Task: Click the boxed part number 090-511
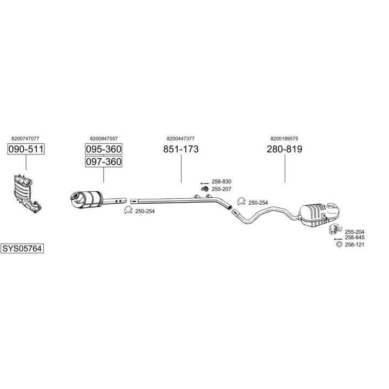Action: pos(26,149)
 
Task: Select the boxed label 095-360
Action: pos(103,149)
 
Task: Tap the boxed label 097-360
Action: pos(103,162)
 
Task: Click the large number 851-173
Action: pos(181,149)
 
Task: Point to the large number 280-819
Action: pos(285,149)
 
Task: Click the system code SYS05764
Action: pos(22,248)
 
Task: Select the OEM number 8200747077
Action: pos(25,138)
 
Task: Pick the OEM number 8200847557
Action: pos(104,138)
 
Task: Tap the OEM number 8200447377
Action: pos(180,138)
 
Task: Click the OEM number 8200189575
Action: pos(284,138)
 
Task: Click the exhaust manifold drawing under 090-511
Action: pos(26,193)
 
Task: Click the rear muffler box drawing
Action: pos(319,214)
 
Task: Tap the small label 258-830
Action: pos(222,182)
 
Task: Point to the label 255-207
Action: pos(222,189)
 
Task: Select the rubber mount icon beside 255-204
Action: pos(334,229)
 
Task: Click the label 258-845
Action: pos(354,237)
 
